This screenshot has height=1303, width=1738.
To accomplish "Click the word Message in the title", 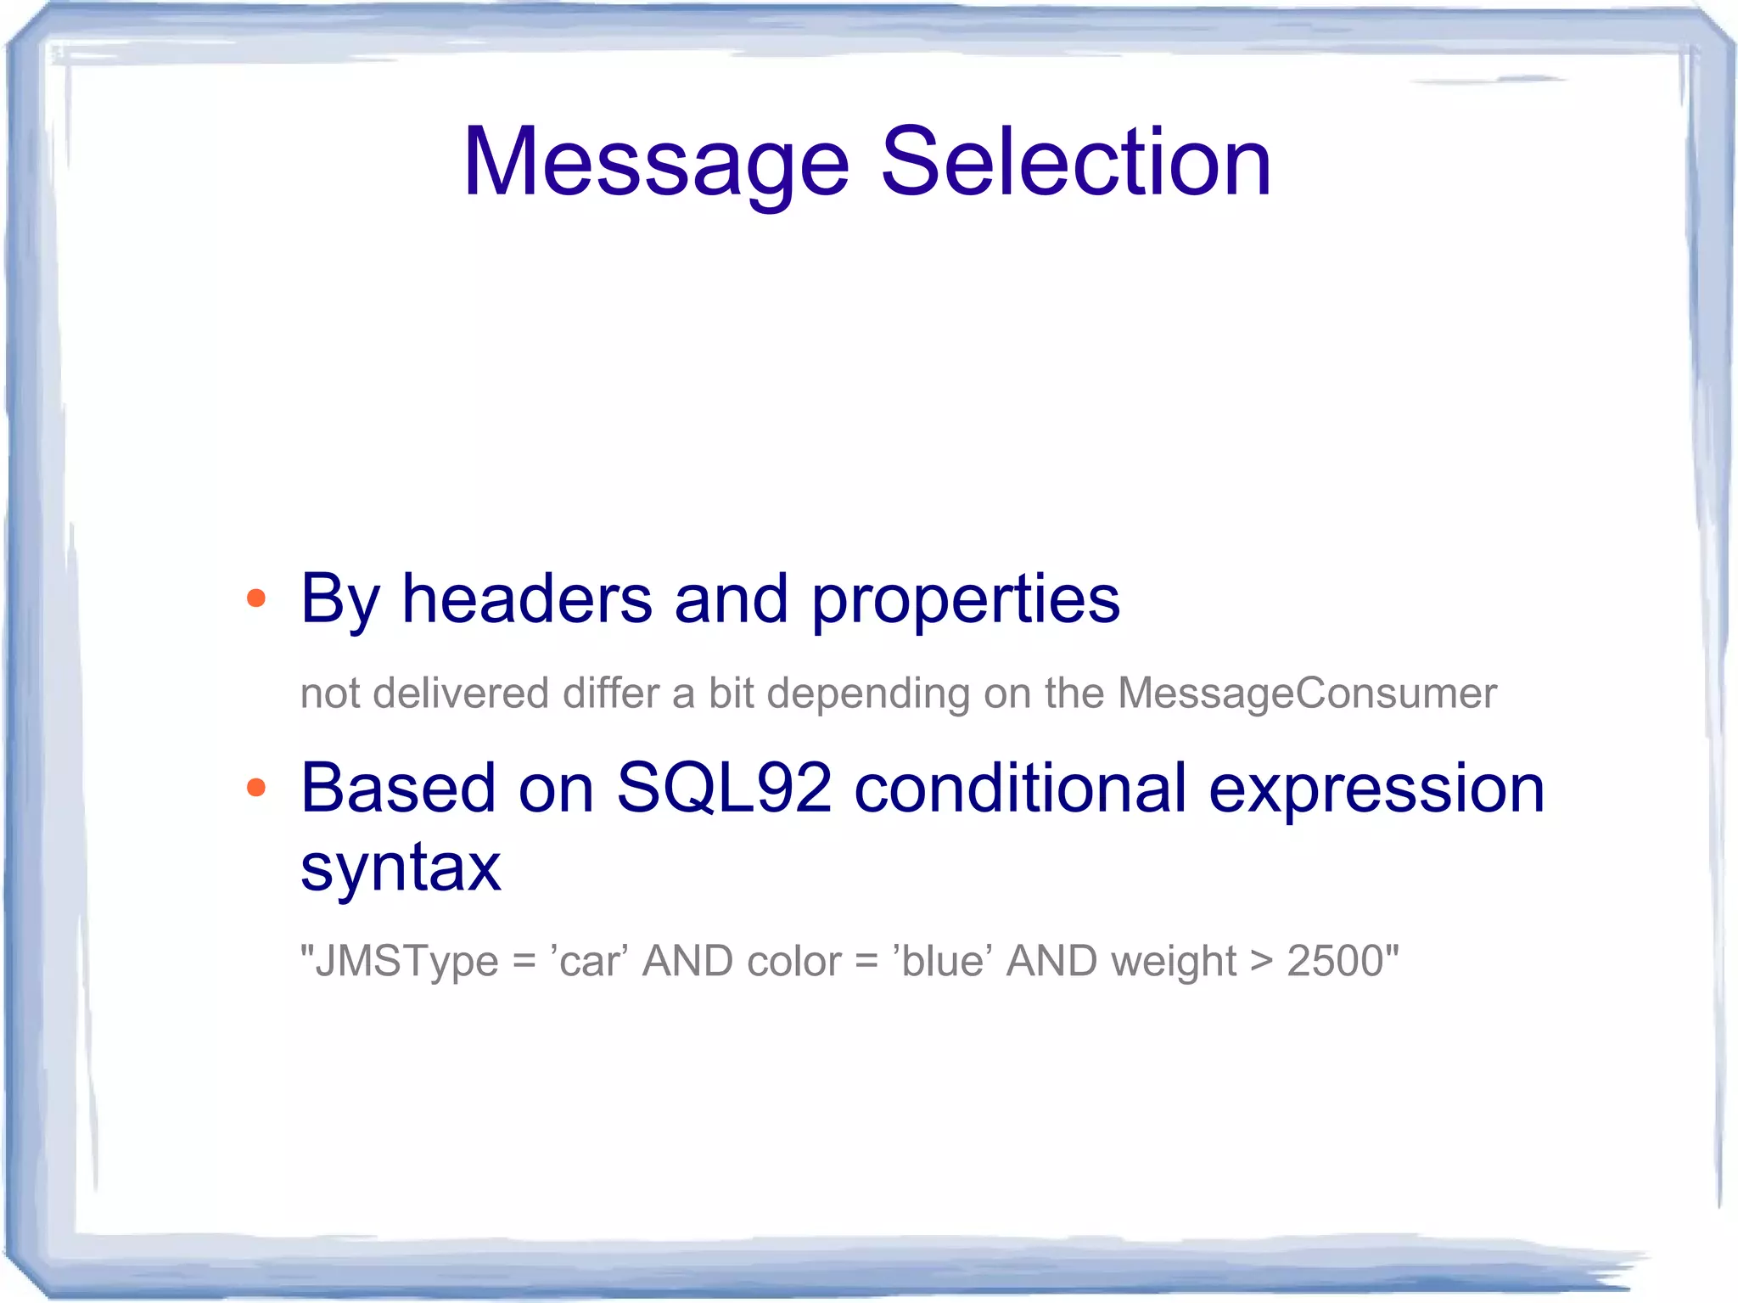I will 656,163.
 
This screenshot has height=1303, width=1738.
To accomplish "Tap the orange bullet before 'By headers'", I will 255,599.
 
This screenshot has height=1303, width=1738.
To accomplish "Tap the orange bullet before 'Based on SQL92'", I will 255,789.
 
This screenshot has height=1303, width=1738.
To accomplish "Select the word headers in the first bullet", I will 526,599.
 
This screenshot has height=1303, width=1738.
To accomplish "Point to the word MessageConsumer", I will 1307,694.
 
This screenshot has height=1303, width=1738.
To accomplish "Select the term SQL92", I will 723,789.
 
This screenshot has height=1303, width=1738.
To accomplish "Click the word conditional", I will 1019,789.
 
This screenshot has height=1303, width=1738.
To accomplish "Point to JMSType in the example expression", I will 406,963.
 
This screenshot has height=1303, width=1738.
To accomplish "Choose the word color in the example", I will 793,962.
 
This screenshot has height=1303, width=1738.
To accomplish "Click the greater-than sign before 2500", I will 1261,963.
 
